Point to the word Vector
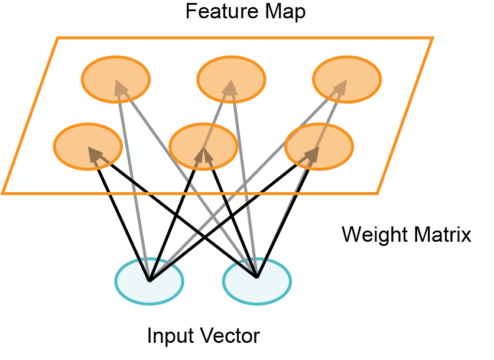tap(230, 336)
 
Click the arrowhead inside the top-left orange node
tap(121, 88)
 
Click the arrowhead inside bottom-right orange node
tap(311, 154)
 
